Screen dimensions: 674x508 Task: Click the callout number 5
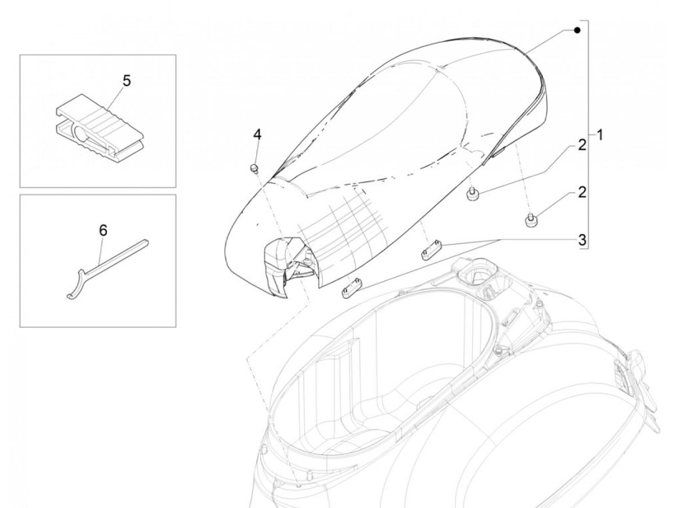(126, 81)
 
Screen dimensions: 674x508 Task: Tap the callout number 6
(103, 230)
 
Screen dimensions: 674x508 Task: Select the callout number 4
(257, 134)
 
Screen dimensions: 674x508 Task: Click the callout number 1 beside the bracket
(599, 135)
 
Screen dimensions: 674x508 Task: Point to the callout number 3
(582, 240)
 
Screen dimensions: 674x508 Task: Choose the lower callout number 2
(582, 192)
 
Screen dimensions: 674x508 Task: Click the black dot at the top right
(577, 30)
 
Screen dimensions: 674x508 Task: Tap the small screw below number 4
(254, 168)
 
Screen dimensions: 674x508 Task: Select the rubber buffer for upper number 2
(473, 194)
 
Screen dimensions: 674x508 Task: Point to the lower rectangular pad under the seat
(352, 288)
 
